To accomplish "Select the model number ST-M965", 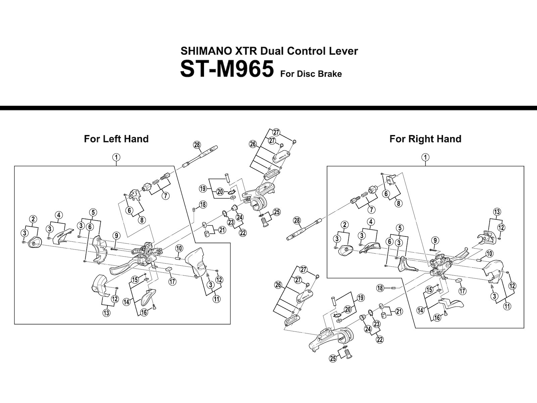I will click(x=227, y=69).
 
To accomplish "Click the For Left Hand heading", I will click(x=116, y=139).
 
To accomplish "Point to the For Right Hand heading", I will click(x=425, y=139).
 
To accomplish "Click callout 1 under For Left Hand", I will click(x=116, y=157).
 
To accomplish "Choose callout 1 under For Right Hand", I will click(x=425, y=157).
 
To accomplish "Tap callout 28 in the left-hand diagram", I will click(x=197, y=145).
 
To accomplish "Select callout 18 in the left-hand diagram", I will click(x=203, y=205).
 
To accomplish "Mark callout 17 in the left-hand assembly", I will click(x=172, y=281).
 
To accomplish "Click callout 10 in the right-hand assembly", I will click(x=489, y=253).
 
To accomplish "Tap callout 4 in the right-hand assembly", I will click(x=371, y=222).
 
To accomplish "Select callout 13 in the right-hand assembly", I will click(x=497, y=212).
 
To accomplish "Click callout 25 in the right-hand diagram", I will click(x=333, y=359).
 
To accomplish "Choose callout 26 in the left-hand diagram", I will click(x=253, y=144).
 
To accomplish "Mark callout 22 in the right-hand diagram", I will click(x=380, y=340).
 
